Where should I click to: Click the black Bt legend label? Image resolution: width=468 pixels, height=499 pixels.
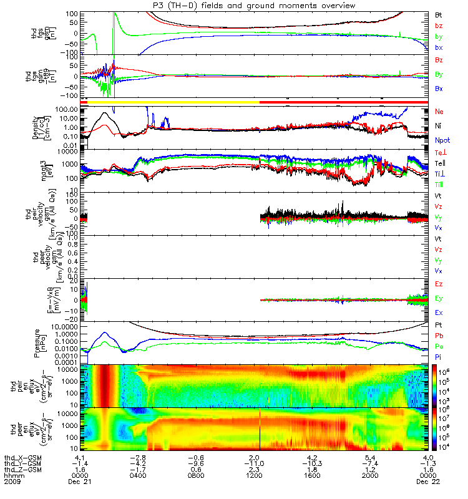(439, 14)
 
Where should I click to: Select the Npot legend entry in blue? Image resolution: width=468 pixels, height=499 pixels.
(442, 140)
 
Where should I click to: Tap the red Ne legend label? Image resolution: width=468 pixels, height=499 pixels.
(439, 111)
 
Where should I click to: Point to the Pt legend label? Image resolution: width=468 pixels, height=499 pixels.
(439, 326)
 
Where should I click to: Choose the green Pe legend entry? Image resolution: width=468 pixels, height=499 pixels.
(439, 345)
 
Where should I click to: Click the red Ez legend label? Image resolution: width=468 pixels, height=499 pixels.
(439, 284)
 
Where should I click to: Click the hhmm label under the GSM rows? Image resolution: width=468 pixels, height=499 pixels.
(12, 476)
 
